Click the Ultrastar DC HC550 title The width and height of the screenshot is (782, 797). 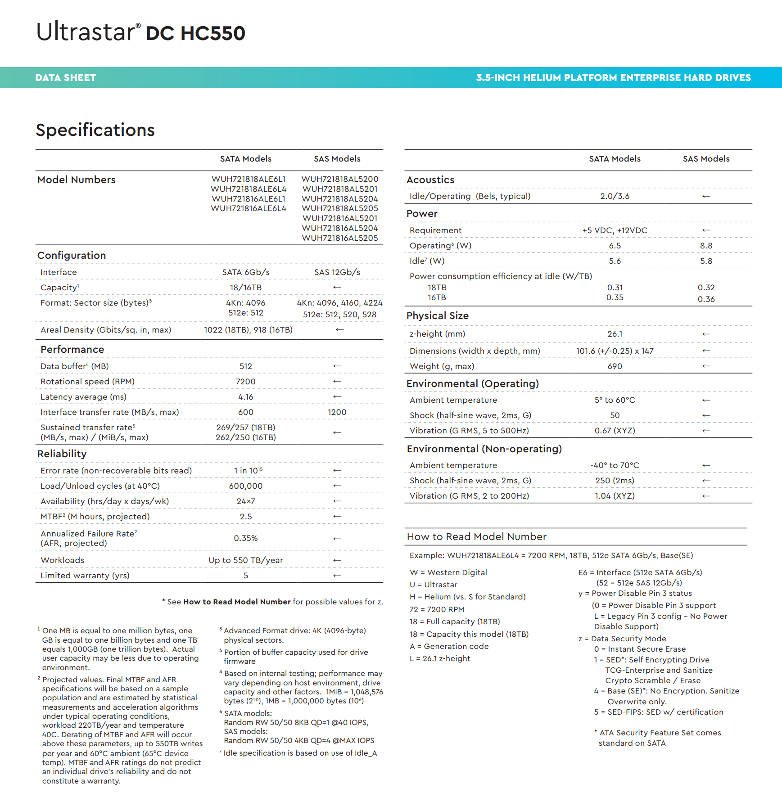point(140,32)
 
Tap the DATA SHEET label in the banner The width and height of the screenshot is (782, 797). point(66,78)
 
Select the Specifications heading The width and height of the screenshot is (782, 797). point(95,130)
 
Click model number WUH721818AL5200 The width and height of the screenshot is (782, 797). point(339,179)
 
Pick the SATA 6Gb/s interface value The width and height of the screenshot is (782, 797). point(245,272)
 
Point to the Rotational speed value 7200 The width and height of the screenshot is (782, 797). point(245,382)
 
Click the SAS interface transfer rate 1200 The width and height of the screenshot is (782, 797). point(337,412)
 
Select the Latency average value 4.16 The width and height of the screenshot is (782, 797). point(245,397)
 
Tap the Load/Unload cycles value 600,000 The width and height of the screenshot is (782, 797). point(245,486)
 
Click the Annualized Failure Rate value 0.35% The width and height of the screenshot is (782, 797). point(245,538)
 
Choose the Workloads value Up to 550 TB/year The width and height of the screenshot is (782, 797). point(245,560)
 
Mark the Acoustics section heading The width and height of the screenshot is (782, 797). point(430,180)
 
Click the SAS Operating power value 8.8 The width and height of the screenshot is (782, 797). point(706,246)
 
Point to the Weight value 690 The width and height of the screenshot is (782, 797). point(615,366)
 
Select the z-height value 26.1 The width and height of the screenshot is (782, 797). point(615,334)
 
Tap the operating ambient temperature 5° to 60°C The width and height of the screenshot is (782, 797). point(615,400)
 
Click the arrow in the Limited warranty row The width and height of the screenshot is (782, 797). point(337,576)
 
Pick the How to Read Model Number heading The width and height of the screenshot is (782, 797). point(476,537)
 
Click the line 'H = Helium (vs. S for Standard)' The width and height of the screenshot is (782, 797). point(467,597)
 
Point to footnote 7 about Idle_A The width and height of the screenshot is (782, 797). point(300,753)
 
